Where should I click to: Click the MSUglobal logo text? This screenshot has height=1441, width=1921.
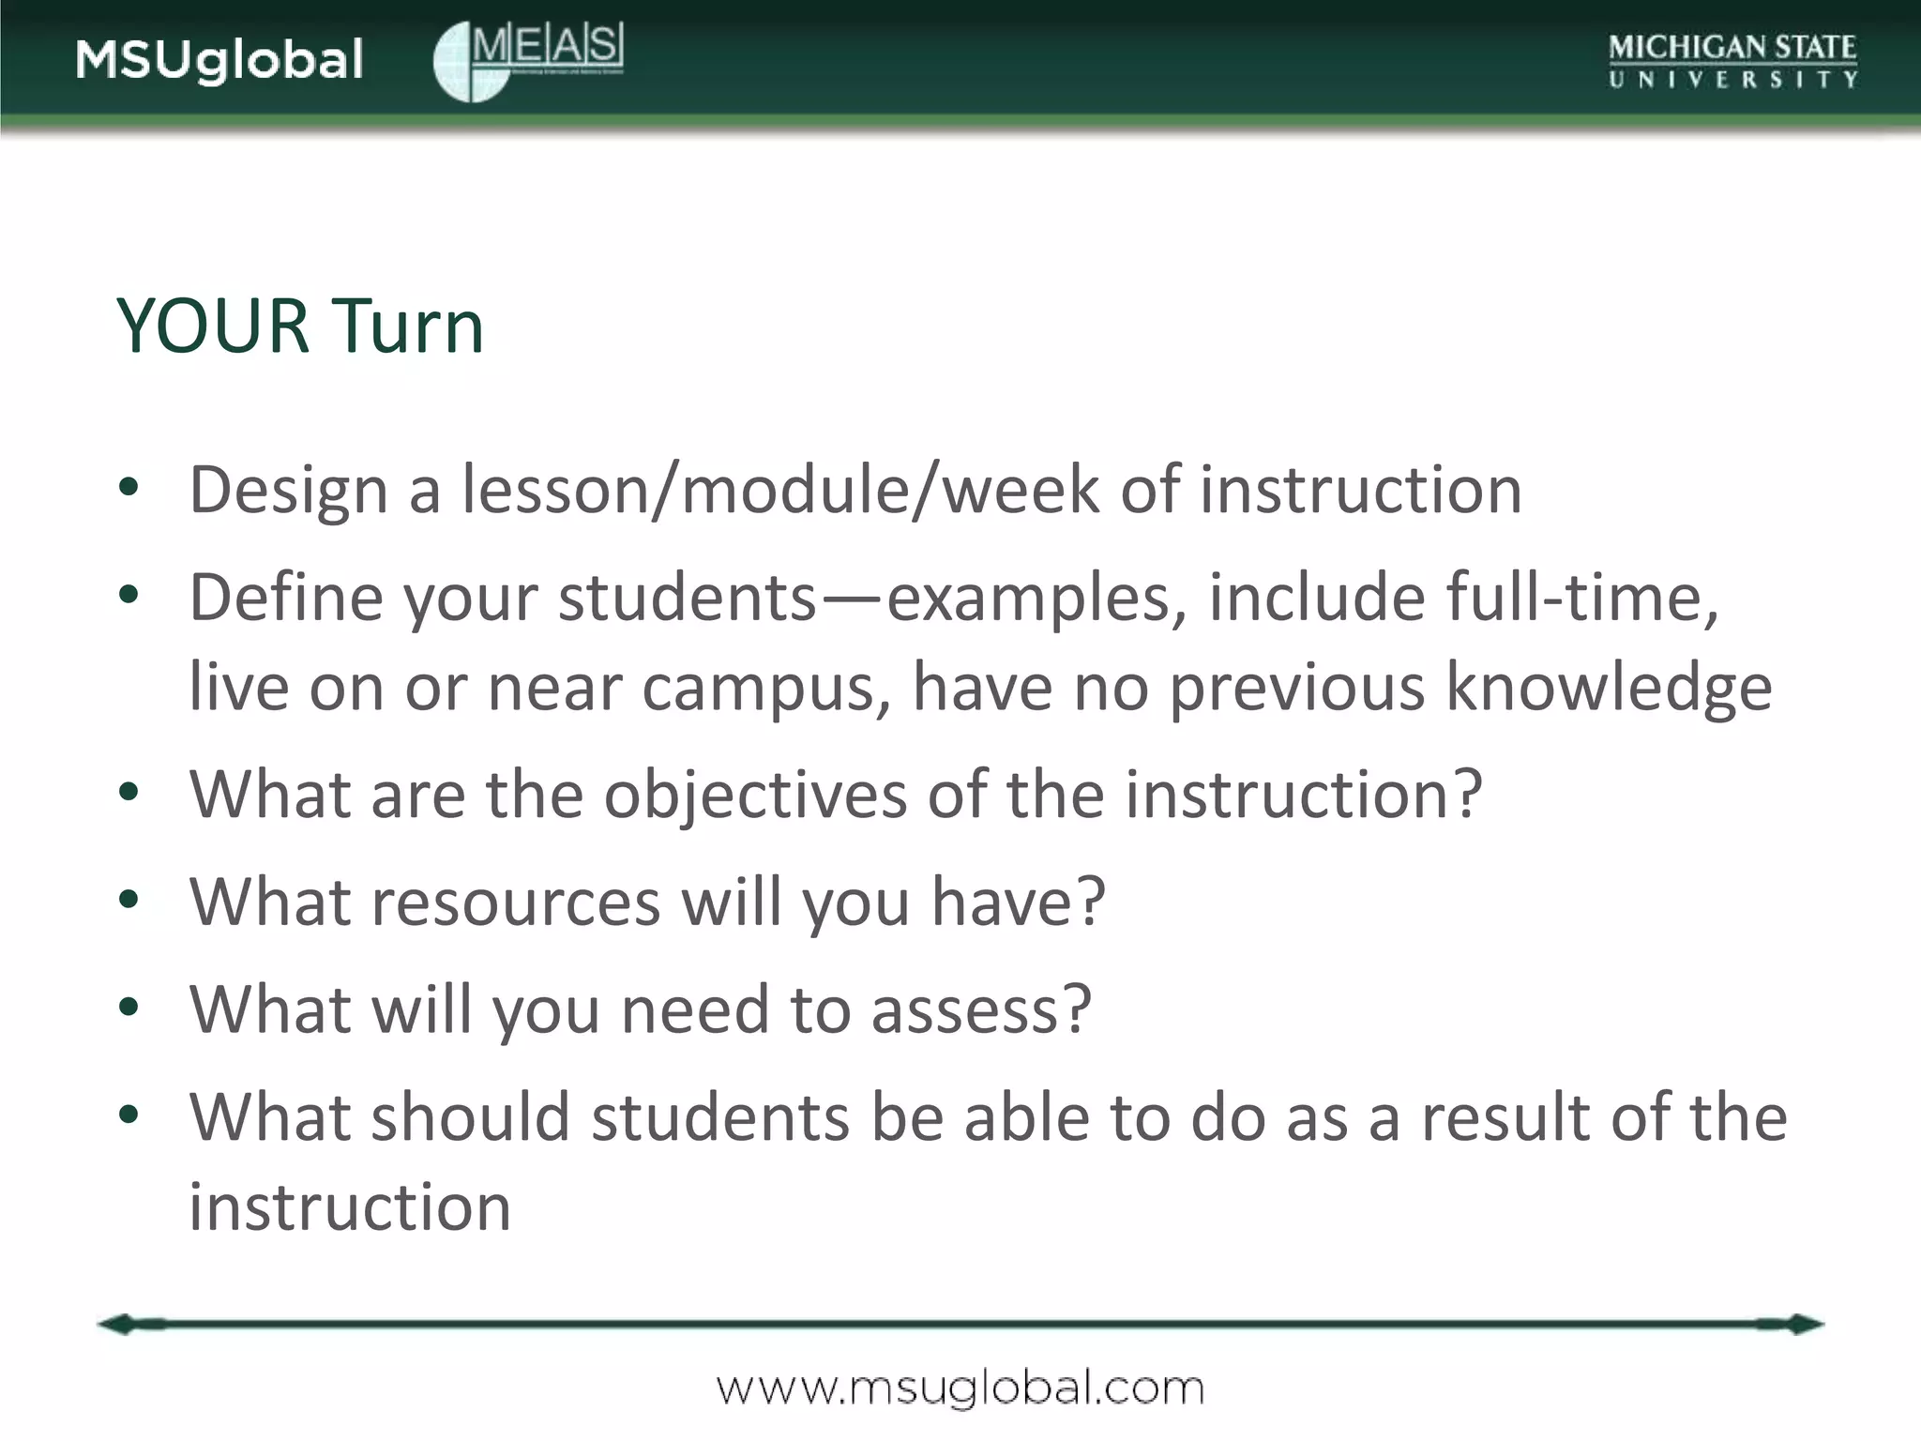[219, 60]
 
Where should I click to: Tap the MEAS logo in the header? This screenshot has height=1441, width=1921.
[528, 60]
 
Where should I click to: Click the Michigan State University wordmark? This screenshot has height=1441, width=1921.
[1732, 61]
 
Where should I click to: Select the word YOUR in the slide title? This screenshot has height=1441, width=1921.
[213, 326]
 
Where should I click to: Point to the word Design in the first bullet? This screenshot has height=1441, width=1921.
[288, 491]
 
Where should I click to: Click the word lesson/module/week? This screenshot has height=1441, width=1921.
[780, 491]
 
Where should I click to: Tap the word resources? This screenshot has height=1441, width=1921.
[516, 903]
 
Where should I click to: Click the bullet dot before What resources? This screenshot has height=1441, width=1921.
[129, 901]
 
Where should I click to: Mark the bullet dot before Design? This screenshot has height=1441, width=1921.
[129, 487]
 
